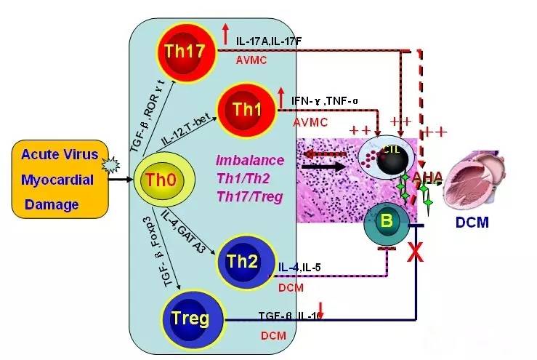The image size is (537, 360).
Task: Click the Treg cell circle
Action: pyautogui.click(x=191, y=319)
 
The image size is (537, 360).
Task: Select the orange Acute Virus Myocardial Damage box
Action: pyautogui.click(x=59, y=180)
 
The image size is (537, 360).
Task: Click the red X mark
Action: pyautogui.click(x=416, y=253)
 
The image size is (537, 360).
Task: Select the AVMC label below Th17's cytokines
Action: pyautogui.click(x=251, y=62)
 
